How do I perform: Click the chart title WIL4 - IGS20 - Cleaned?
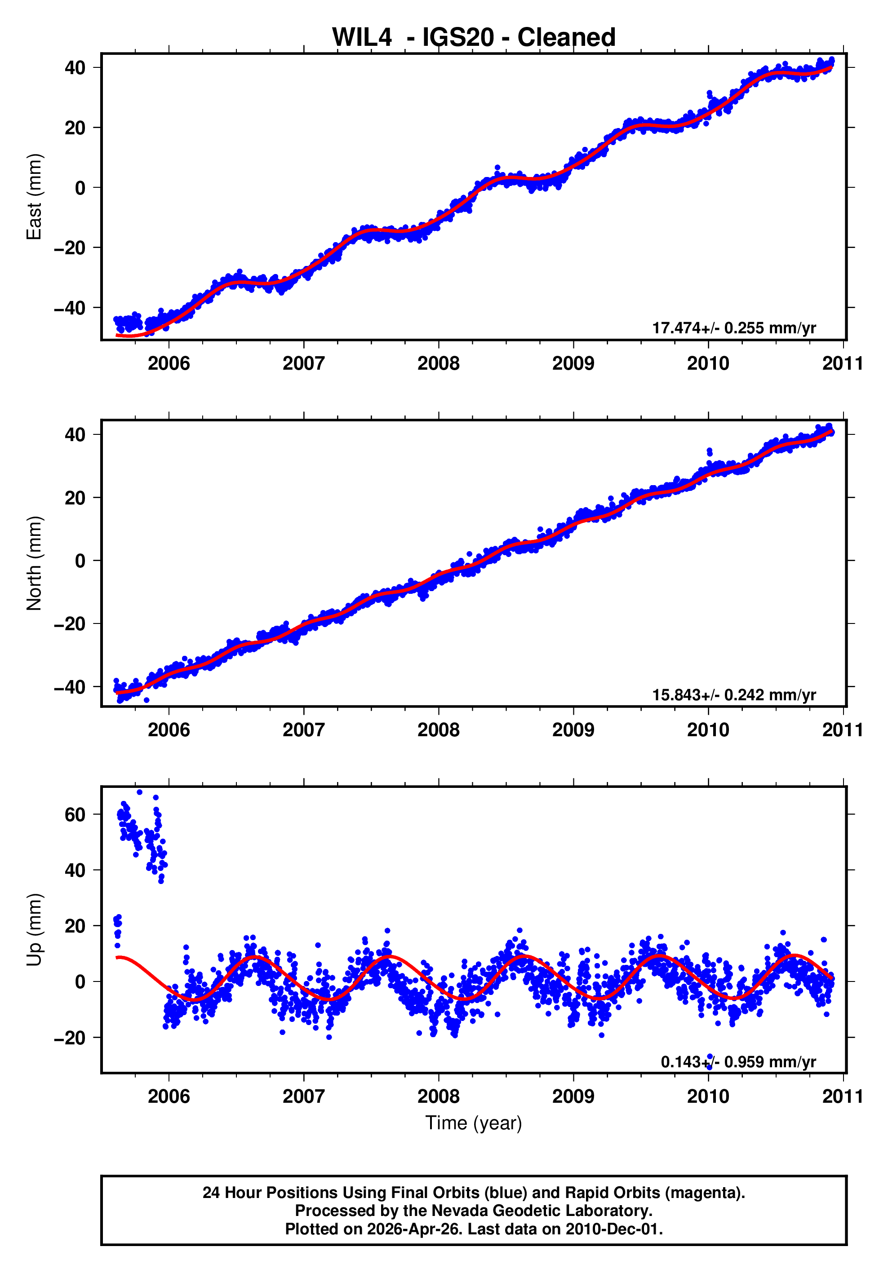coord(473,38)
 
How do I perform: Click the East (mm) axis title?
coord(35,197)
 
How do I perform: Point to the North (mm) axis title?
coord(35,563)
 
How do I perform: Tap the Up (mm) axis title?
coord(35,930)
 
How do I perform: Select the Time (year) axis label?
coord(473,1123)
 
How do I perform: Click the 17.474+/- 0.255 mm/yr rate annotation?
coord(733,327)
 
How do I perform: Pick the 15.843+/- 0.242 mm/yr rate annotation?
coord(733,695)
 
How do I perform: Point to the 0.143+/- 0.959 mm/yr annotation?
coord(738,1062)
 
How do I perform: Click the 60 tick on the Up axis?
coord(75,814)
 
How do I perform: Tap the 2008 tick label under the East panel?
coord(438,364)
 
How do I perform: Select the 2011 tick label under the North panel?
coord(842,730)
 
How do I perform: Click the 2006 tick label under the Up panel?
coord(169,1096)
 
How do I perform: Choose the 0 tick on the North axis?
coord(80,561)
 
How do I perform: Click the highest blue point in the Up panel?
coord(139,792)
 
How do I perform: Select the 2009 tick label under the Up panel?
coord(573,1096)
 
